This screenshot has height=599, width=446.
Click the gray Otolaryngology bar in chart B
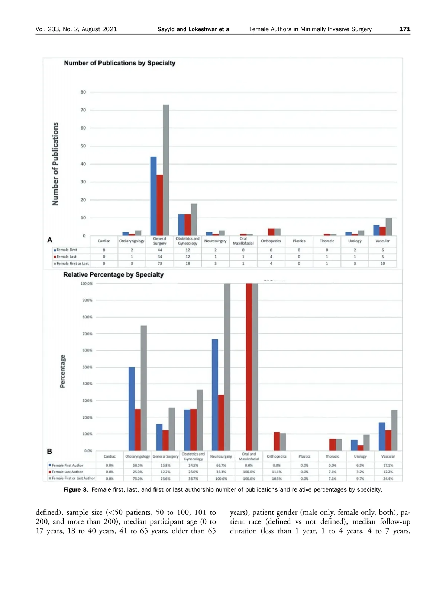(x=144, y=388)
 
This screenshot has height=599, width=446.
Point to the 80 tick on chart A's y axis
(x=83, y=92)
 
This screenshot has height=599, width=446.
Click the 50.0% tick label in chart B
(x=87, y=367)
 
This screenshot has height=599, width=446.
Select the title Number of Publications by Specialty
(x=119, y=63)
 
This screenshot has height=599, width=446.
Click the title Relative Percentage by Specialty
(x=113, y=275)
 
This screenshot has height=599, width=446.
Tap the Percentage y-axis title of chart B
(x=62, y=371)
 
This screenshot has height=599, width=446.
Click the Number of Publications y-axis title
(x=55, y=164)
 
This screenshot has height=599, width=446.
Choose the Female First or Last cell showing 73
(x=160, y=264)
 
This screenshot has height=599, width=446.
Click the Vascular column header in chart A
(x=382, y=241)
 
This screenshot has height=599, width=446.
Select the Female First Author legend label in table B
(x=68, y=465)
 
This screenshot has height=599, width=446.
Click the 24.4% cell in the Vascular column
(x=388, y=479)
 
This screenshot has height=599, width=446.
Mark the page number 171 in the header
(x=405, y=29)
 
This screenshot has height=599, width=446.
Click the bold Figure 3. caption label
(x=76, y=490)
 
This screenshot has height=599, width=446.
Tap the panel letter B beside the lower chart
(x=49, y=452)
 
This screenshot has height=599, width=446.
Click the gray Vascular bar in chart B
(x=394, y=430)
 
